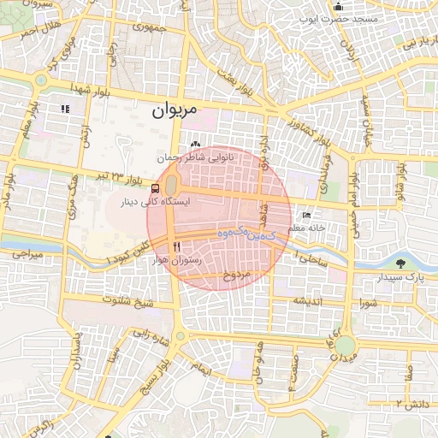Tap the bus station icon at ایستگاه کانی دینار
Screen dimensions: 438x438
[x=155, y=188]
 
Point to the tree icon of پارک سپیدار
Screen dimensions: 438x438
[x=400, y=265]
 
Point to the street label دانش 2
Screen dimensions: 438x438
[x=410, y=401]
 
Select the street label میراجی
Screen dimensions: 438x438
[x=25, y=254]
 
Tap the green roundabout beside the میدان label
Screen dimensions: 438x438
[x=345, y=346]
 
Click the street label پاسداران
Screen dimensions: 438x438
[x=76, y=346]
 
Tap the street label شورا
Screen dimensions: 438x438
[x=369, y=303]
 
